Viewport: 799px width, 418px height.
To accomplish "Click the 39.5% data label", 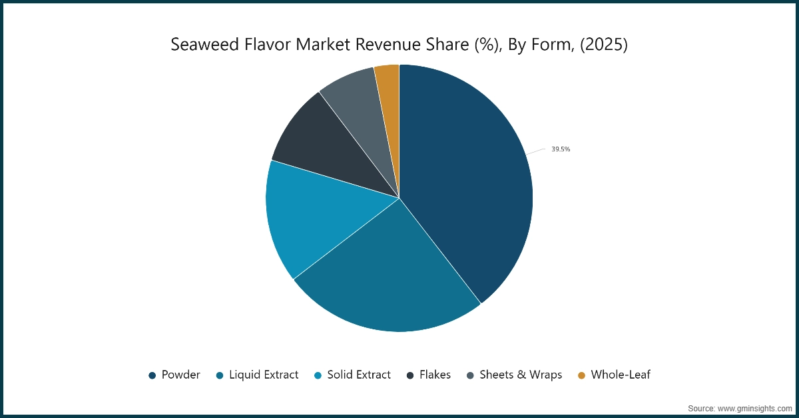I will tap(560, 149).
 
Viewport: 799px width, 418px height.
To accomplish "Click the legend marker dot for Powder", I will tap(152, 375).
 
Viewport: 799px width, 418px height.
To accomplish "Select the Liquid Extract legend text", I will tap(264, 375).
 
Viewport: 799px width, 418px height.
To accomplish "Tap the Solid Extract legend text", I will tap(359, 375).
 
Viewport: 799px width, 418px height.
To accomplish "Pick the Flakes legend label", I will tap(435, 375).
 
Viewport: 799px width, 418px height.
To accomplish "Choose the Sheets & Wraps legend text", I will tap(521, 375).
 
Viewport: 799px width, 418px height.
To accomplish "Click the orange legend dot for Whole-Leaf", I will tap(581, 375).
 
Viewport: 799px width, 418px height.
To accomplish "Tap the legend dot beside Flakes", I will tap(410, 375).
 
